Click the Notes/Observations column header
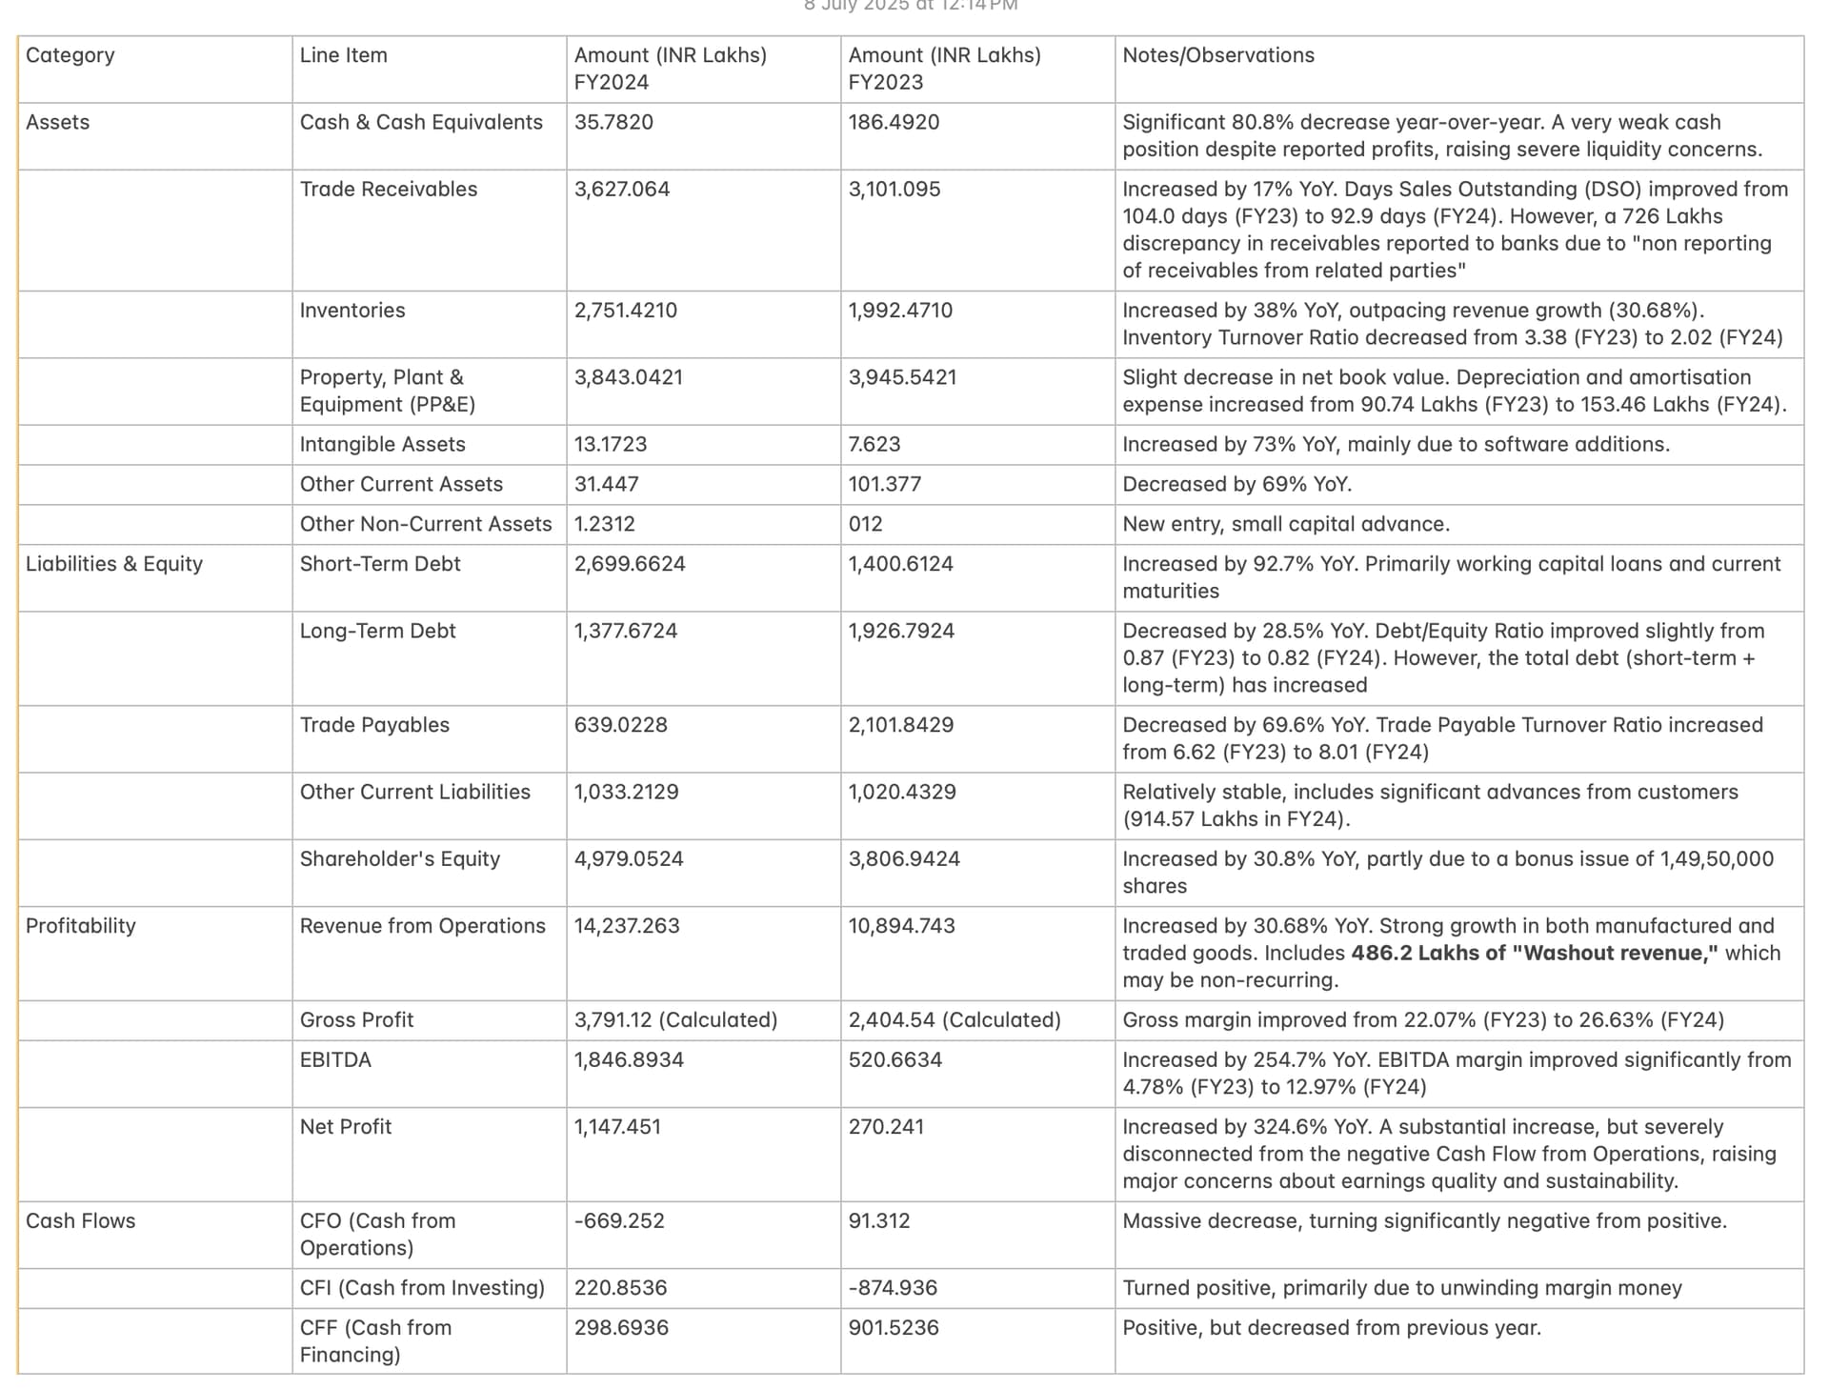click(x=1217, y=55)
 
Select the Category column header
click(x=70, y=55)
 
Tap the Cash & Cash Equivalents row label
click(x=421, y=122)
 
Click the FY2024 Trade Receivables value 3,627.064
click(x=621, y=189)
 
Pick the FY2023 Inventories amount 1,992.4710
click(x=899, y=310)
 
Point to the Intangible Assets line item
click(x=382, y=444)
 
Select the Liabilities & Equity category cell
click(x=114, y=563)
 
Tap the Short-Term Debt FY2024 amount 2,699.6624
click(x=629, y=563)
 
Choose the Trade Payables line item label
click(x=374, y=724)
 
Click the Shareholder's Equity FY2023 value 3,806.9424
click(x=903, y=858)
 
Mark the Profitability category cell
click(x=81, y=925)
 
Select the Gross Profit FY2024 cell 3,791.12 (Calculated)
click(x=675, y=1019)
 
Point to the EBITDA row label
click(x=335, y=1059)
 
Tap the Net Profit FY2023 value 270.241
click(x=886, y=1126)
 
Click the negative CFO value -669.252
click(x=618, y=1220)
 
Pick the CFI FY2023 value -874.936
click(x=893, y=1287)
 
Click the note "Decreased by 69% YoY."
click(x=1236, y=484)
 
